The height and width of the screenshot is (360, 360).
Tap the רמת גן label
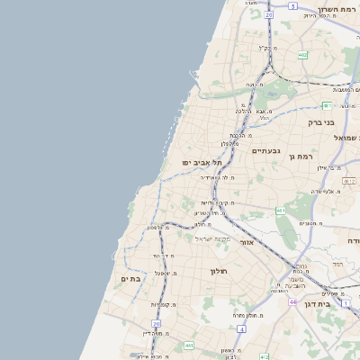(x=300, y=156)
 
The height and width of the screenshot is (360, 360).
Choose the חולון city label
(x=219, y=271)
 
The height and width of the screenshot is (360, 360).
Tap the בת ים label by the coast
(x=130, y=280)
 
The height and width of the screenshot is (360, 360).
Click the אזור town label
(x=248, y=241)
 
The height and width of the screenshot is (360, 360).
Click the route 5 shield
(x=292, y=5)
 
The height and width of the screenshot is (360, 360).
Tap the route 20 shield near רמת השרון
(x=268, y=15)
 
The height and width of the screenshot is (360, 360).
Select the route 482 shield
(x=302, y=55)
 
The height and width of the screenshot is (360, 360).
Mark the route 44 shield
(x=292, y=301)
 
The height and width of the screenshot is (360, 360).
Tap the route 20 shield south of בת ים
(x=156, y=323)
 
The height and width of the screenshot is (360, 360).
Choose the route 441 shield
(x=189, y=345)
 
